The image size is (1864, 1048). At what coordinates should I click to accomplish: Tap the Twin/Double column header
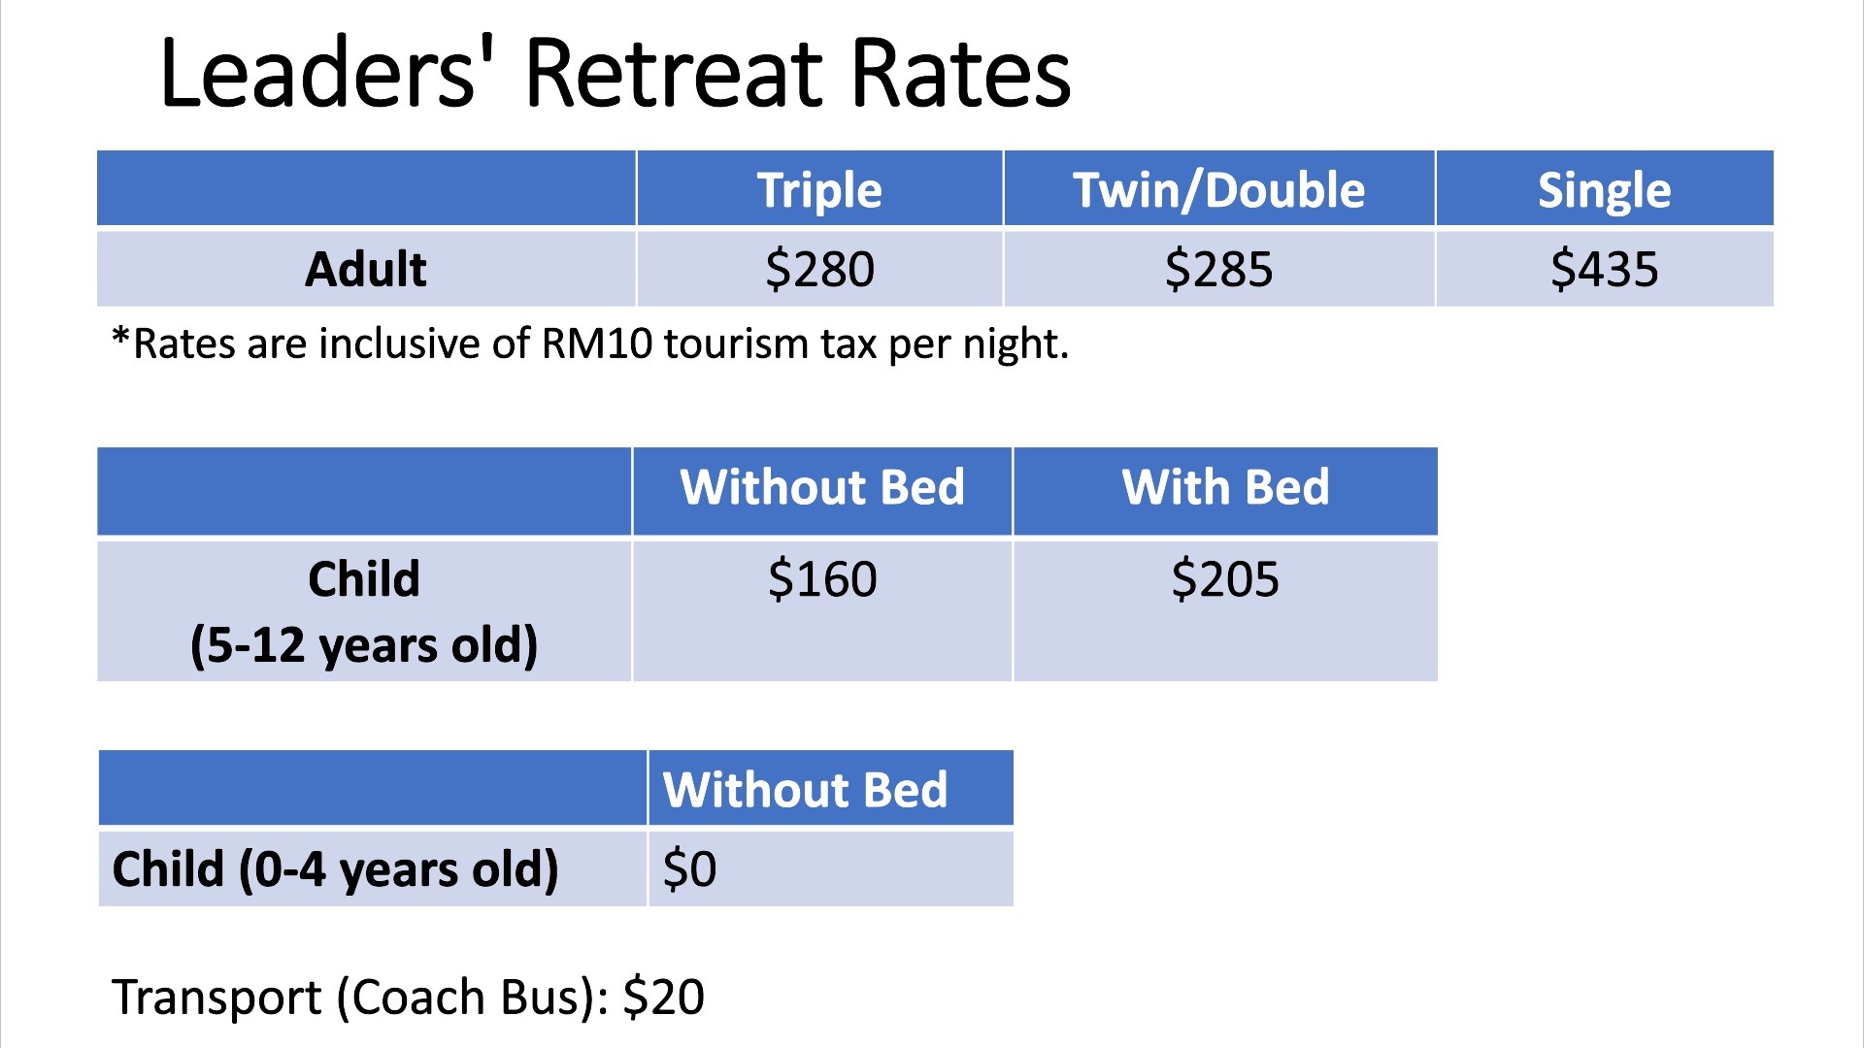pyautogui.click(x=1218, y=190)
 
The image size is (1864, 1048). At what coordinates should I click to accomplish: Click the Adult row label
pyautogui.click(x=366, y=269)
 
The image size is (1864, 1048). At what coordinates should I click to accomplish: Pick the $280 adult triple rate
pyautogui.click(x=819, y=269)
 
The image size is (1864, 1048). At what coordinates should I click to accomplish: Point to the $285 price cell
pyautogui.click(x=1218, y=269)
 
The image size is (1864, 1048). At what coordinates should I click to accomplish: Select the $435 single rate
pyautogui.click(x=1604, y=269)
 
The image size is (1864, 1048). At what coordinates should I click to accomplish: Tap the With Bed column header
pyautogui.click(x=1225, y=487)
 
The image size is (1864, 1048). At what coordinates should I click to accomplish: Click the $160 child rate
pyautogui.click(x=822, y=579)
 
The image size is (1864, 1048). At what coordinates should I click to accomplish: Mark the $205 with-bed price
pyautogui.click(x=1225, y=579)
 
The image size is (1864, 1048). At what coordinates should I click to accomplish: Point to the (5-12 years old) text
pyautogui.click(x=364, y=645)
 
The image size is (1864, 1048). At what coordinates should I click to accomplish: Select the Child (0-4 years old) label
pyautogui.click(x=336, y=868)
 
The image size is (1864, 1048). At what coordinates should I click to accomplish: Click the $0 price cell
pyautogui.click(x=689, y=868)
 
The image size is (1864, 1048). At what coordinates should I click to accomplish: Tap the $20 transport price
pyautogui.click(x=664, y=998)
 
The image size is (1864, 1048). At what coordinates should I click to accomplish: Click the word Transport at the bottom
pyautogui.click(x=216, y=998)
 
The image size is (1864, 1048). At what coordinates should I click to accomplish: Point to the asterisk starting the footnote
pyautogui.click(x=121, y=337)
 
